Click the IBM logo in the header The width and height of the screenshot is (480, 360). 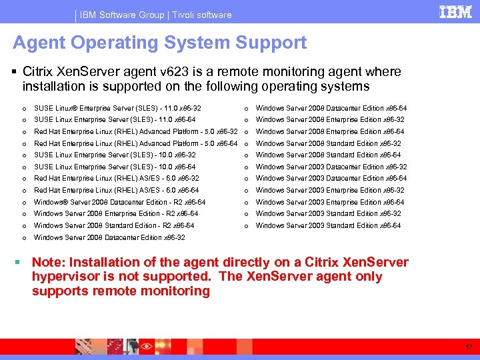pyautogui.click(x=455, y=12)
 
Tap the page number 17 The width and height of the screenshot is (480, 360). pyautogui.click(x=469, y=347)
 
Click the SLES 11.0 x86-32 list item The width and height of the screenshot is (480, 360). pyautogui.click(x=117, y=108)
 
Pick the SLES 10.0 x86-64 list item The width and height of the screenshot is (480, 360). pyautogui.click(x=115, y=167)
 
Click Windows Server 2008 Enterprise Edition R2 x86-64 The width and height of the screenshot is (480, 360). pyautogui.click(x=116, y=213)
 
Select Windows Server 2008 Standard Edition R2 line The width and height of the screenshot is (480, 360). pyautogui.click(x=114, y=225)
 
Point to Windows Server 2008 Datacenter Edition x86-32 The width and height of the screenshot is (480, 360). pyautogui.click(x=109, y=237)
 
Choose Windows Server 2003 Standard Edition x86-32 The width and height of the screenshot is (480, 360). pyautogui.click(x=329, y=213)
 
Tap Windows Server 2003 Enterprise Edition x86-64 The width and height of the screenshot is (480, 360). pyautogui.click(x=330, y=202)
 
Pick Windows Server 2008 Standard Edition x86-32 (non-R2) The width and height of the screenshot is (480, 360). pyautogui.click(x=329, y=143)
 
